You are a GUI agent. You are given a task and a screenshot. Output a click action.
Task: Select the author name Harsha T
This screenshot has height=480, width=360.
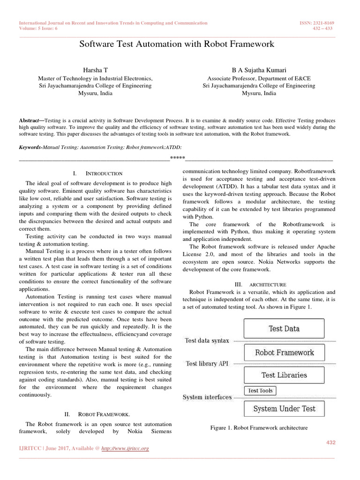point(95,69)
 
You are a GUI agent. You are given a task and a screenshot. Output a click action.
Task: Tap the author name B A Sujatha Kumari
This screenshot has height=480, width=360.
point(259,69)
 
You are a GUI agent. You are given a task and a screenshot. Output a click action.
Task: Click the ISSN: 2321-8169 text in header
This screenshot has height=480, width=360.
point(316,23)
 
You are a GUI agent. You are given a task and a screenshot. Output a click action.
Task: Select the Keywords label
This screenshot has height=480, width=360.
point(30,147)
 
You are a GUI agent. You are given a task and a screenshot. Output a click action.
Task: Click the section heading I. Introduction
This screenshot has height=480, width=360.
point(97,173)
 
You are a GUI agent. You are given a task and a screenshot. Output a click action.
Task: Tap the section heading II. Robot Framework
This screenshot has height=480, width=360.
point(97,414)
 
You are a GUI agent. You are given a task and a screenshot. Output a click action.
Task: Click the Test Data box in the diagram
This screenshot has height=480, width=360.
point(284,329)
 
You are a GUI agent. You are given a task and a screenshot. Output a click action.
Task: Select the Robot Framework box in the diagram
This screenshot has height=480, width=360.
point(284,352)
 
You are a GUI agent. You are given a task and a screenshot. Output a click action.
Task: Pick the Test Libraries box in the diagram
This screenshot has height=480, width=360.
point(284,375)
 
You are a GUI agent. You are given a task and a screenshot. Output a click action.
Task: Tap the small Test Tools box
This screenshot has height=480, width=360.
point(260,390)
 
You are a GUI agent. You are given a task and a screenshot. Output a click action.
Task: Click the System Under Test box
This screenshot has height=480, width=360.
point(284,409)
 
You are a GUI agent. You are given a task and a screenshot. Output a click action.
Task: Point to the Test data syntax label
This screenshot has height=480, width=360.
point(207,341)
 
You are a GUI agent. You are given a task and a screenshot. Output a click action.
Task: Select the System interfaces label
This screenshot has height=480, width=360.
point(207,397)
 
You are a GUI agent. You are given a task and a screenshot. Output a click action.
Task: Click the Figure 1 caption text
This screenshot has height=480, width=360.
point(259,427)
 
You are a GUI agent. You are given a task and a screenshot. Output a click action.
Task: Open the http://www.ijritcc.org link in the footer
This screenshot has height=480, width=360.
point(125,449)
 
